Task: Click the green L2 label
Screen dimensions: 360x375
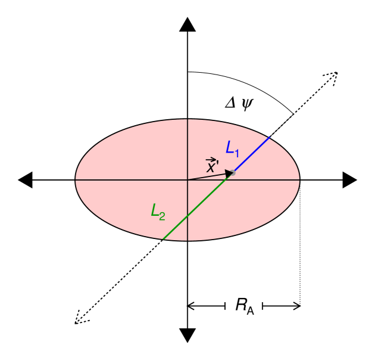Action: click(x=158, y=212)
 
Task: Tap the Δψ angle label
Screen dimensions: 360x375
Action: click(x=239, y=103)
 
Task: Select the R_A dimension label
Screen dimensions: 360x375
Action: click(x=244, y=306)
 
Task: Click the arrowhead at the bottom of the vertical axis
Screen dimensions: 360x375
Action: click(x=187, y=336)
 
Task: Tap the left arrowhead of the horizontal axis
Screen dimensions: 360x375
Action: click(x=26, y=179)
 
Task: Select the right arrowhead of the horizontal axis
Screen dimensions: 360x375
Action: click(x=349, y=179)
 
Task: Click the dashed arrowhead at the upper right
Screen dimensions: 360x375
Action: click(x=333, y=76)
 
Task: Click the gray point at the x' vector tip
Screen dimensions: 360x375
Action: click(x=232, y=173)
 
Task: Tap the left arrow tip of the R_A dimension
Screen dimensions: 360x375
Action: click(x=190, y=306)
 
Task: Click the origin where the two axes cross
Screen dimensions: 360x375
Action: click(x=187, y=179)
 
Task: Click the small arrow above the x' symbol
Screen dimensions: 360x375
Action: click(x=211, y=160)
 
